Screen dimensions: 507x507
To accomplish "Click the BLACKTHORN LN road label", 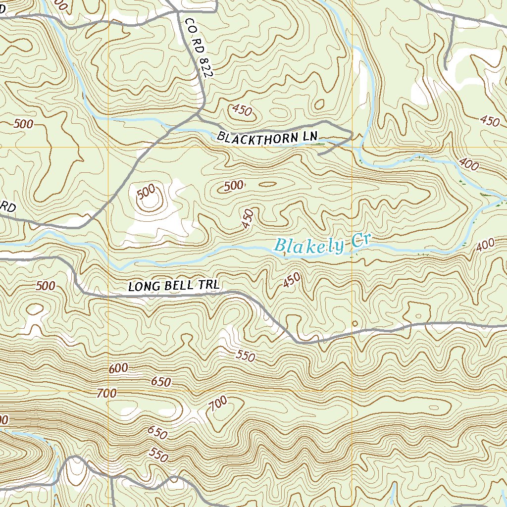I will click(267, 137).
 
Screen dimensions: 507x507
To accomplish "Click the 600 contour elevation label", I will click(118, 368).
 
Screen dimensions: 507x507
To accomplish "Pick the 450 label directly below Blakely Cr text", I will click(292, 281).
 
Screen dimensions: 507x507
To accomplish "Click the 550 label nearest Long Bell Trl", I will click(246, 355).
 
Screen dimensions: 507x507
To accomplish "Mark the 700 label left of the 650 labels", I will click(107, 394).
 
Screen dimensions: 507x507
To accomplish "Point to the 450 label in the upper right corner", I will click(490, 120).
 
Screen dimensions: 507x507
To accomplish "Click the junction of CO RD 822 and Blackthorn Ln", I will click(198, 117).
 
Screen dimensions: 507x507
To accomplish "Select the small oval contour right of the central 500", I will click(267, 184).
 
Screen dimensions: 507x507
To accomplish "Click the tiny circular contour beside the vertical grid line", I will click(355, 323).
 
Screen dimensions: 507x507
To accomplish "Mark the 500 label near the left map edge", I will click(24, 123).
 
